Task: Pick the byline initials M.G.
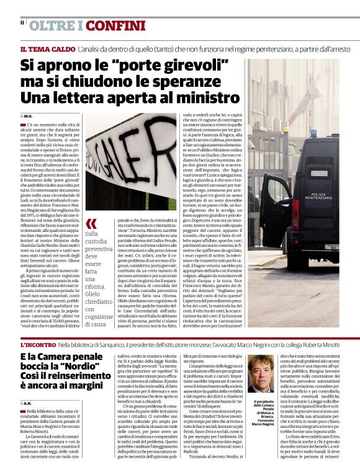click(29, 116)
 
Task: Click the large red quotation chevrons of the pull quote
click(91, 223)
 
